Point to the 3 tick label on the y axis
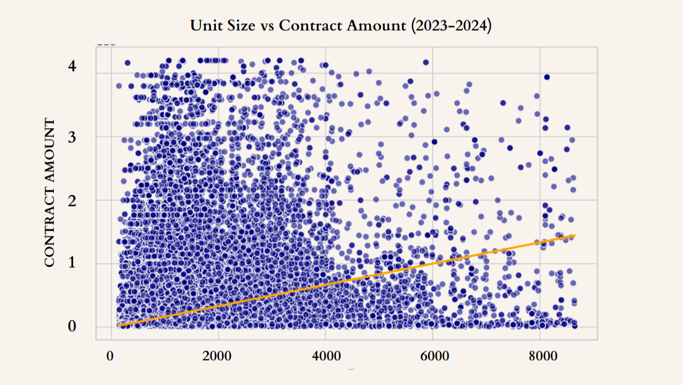point(73,136)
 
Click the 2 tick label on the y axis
point(73,201)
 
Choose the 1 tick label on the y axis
point(73,263)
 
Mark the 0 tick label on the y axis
point(73,326)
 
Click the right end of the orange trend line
point(575,235)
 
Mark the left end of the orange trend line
point(118,326)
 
